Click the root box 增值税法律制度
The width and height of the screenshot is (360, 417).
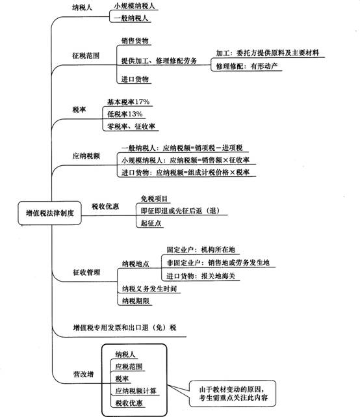click(49, 213)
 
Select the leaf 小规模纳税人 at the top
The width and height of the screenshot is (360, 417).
click(135, 6)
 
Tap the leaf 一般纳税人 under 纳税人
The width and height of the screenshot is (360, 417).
click(131, 18)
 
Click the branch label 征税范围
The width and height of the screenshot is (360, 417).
click(86, 55)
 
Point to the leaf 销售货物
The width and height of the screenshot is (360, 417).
click(135, 41)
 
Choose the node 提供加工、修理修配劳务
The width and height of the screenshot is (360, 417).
click(159, 61)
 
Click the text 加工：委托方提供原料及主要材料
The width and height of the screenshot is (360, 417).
click(267, 53)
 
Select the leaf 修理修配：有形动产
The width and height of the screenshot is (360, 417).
click(246, 66)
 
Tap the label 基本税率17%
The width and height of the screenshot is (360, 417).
click(128, 102)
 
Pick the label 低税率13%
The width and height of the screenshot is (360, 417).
click(125, 114)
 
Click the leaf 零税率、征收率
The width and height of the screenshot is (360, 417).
click(131, 126)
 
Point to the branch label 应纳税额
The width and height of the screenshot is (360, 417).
click(86, 155)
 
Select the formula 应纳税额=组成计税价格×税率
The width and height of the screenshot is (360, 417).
click(203, 172)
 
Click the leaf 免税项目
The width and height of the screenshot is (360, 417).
click(154, 198)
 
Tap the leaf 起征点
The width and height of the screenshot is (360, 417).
click(151, 223)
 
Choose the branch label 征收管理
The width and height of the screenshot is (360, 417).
click(86, 273)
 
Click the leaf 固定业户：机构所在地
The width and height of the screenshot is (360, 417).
click(201, 250)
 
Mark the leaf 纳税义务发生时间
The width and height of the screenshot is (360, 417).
click(149, 289)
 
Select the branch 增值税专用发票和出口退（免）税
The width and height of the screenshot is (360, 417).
click(125, 327)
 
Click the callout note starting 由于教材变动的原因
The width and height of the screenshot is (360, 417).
click(233, 394)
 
